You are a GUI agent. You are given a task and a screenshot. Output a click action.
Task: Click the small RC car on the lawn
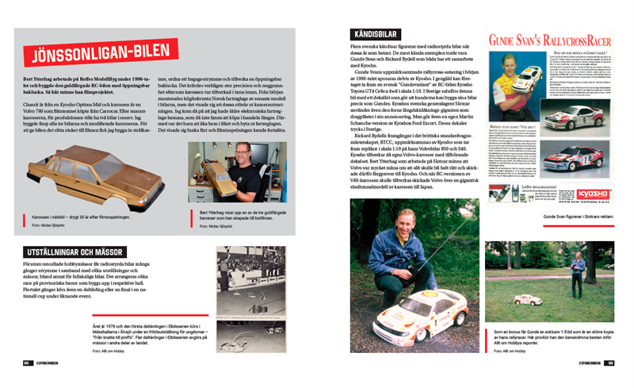point(529,300)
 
